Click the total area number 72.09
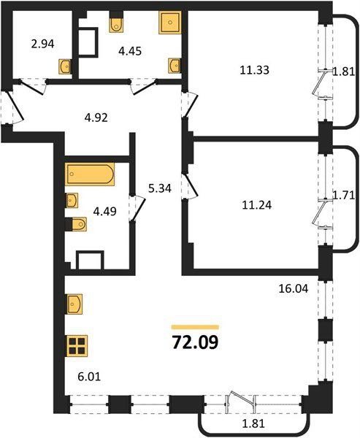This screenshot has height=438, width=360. pyautogui.click(x=195, y=342)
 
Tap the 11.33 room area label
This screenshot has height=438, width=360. pyautogui.click(x=254, y=70)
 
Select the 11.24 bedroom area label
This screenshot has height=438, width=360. pyautogui.click(x=256, y=205)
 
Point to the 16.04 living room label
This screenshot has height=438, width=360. pyautogui.click(x=294, y=288)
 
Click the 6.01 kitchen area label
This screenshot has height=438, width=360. pyautogui.click(x=89, y=377)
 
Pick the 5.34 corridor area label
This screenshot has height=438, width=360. pyautogui.click(x=160, y=188)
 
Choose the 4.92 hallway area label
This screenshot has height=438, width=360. pyautogui.click(x=96, y=118)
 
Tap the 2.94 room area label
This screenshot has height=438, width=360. pyautogui.click(x=42, y=44)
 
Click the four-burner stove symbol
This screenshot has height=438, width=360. pyautogui.click(x=76, y=346)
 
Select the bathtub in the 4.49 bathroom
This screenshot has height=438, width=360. pyautogui.click(x=90, y=174)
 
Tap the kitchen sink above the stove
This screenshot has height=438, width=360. pyautogui.click(x=74, y=304)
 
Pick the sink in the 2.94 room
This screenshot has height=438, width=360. pyautogui.click(x=65, y=66)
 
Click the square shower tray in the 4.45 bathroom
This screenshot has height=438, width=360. pyautogui.click(x=170, y=23)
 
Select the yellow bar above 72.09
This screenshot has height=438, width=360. pyautogui.click(x=195, y=327)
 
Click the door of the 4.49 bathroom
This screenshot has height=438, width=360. pyautogui.click(x=137, y=208)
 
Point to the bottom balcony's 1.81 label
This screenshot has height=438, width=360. pyautogui.click(x=253, y=423)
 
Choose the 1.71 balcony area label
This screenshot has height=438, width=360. pyautogui.click(x=343, y=195)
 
